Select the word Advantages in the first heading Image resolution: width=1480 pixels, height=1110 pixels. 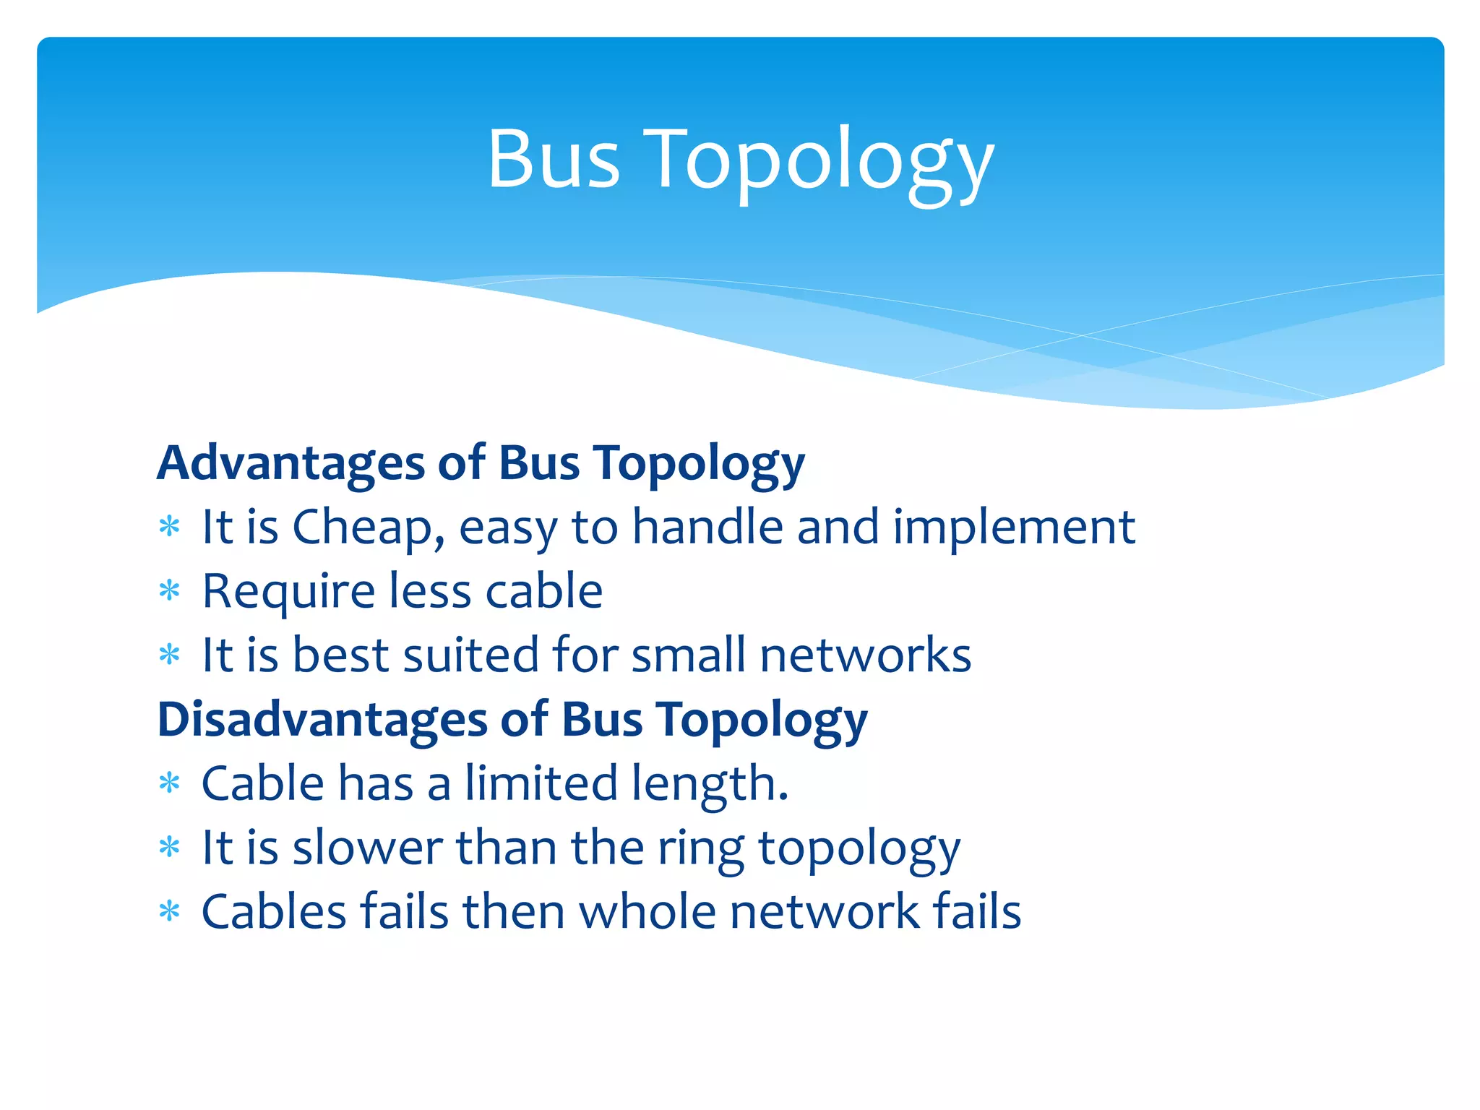point(291,463)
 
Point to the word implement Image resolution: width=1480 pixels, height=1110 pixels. point(1014,528)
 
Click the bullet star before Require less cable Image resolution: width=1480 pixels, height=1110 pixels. point(169,592)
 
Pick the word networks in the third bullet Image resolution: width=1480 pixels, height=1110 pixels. point(865,655)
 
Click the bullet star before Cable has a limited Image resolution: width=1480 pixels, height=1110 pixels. point(169,784)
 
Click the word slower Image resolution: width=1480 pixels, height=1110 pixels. point(368,848)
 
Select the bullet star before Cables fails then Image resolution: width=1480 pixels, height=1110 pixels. point(169,912)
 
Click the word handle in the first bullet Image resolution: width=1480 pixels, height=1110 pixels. point(707,527)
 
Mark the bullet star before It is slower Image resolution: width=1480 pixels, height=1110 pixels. point(169,848)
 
